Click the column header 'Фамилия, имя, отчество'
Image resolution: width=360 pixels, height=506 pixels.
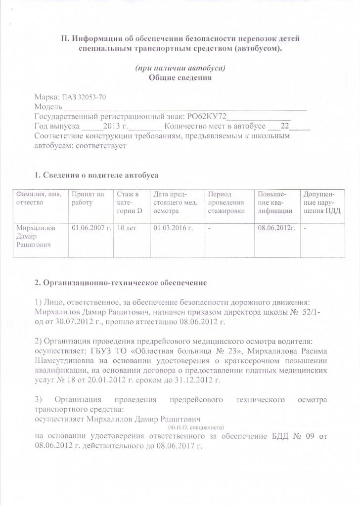coord(40,198)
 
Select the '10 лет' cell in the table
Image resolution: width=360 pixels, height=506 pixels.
coord(127,228)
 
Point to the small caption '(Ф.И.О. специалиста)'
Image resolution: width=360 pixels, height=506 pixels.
coord(196,426)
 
